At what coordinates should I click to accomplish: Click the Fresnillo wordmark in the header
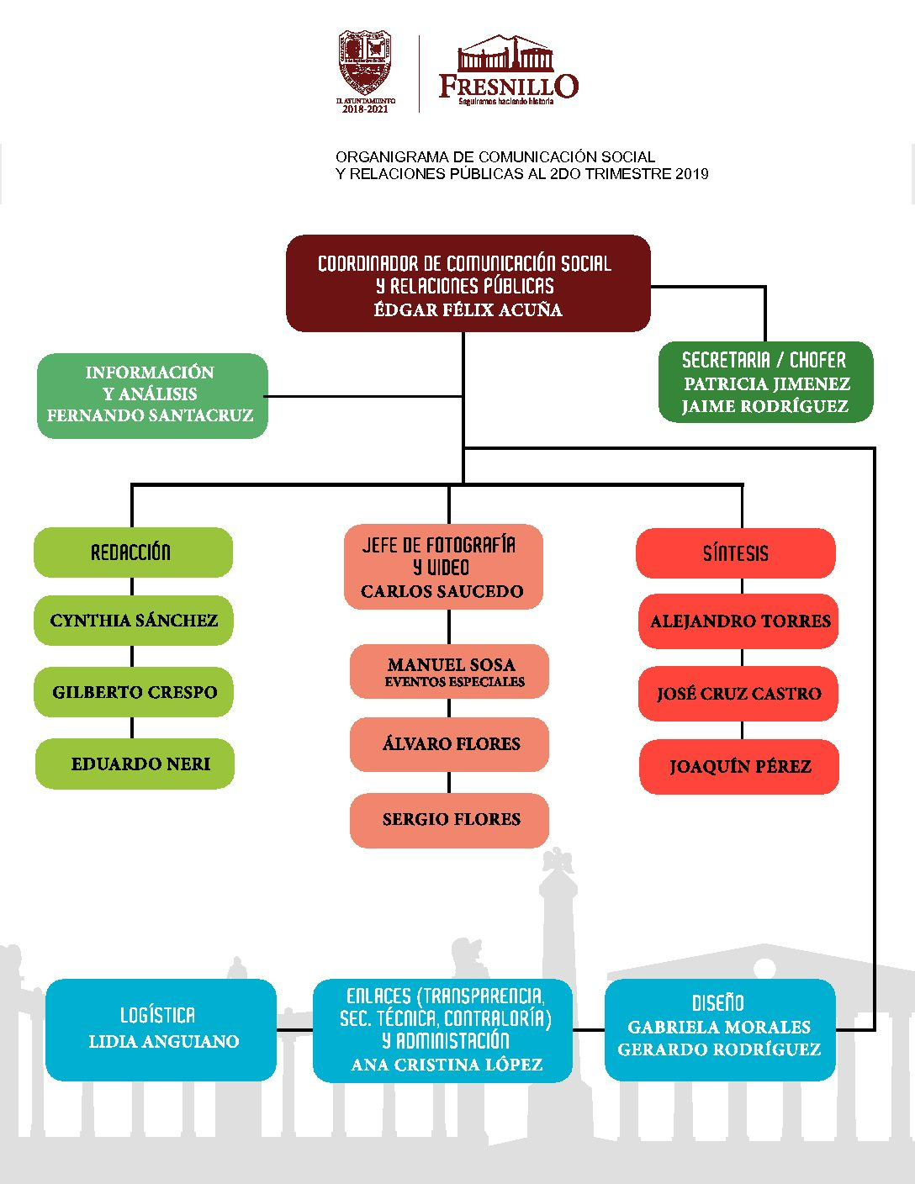click(x=509, y=86)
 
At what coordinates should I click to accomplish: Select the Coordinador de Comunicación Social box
click(x=468, y=283)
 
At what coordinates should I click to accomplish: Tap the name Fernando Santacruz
click(x=150, y=415)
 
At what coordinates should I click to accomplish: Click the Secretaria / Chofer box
click(x=765, y=382)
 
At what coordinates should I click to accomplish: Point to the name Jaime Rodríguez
click(x=764, y=407)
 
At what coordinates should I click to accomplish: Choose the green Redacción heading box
click(x=133, y=552)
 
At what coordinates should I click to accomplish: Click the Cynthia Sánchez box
click(x=134, y=621)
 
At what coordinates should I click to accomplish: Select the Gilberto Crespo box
click(x=134, y=692)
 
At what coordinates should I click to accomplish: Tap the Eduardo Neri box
click(x=135, y=764)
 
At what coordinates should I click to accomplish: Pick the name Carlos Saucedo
click(x=442, y=592)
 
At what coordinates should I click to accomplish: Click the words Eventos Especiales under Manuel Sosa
click(x=454, y=682)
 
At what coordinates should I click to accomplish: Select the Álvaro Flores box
click(x=449, y=744)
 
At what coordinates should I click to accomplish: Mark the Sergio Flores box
click(x=449, y=820)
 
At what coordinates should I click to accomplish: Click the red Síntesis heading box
click(x=736, y=553)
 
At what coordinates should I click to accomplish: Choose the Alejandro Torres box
click(x=739, y=621)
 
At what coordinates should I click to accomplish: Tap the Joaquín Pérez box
click(x=739, y=767)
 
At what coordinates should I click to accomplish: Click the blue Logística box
click(x=161, y=1029)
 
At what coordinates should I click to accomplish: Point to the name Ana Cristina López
click(x=447, y=1065)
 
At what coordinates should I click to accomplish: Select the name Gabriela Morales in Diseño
click(x=719, y=1028)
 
